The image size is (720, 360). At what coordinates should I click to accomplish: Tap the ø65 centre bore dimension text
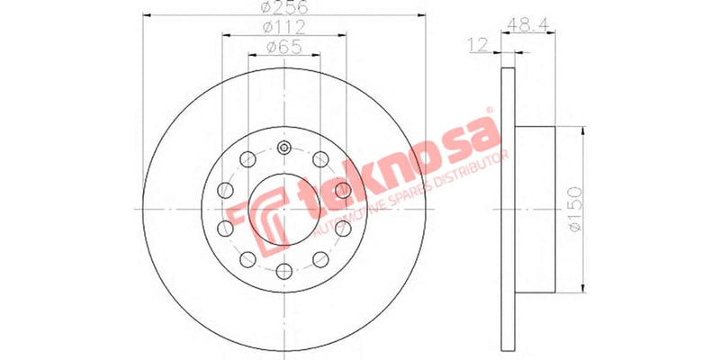tap(284, 47)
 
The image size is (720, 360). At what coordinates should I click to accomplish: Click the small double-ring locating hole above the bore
tap(284, 149)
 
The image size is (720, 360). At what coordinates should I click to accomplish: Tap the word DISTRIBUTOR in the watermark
tap(467, 162)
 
